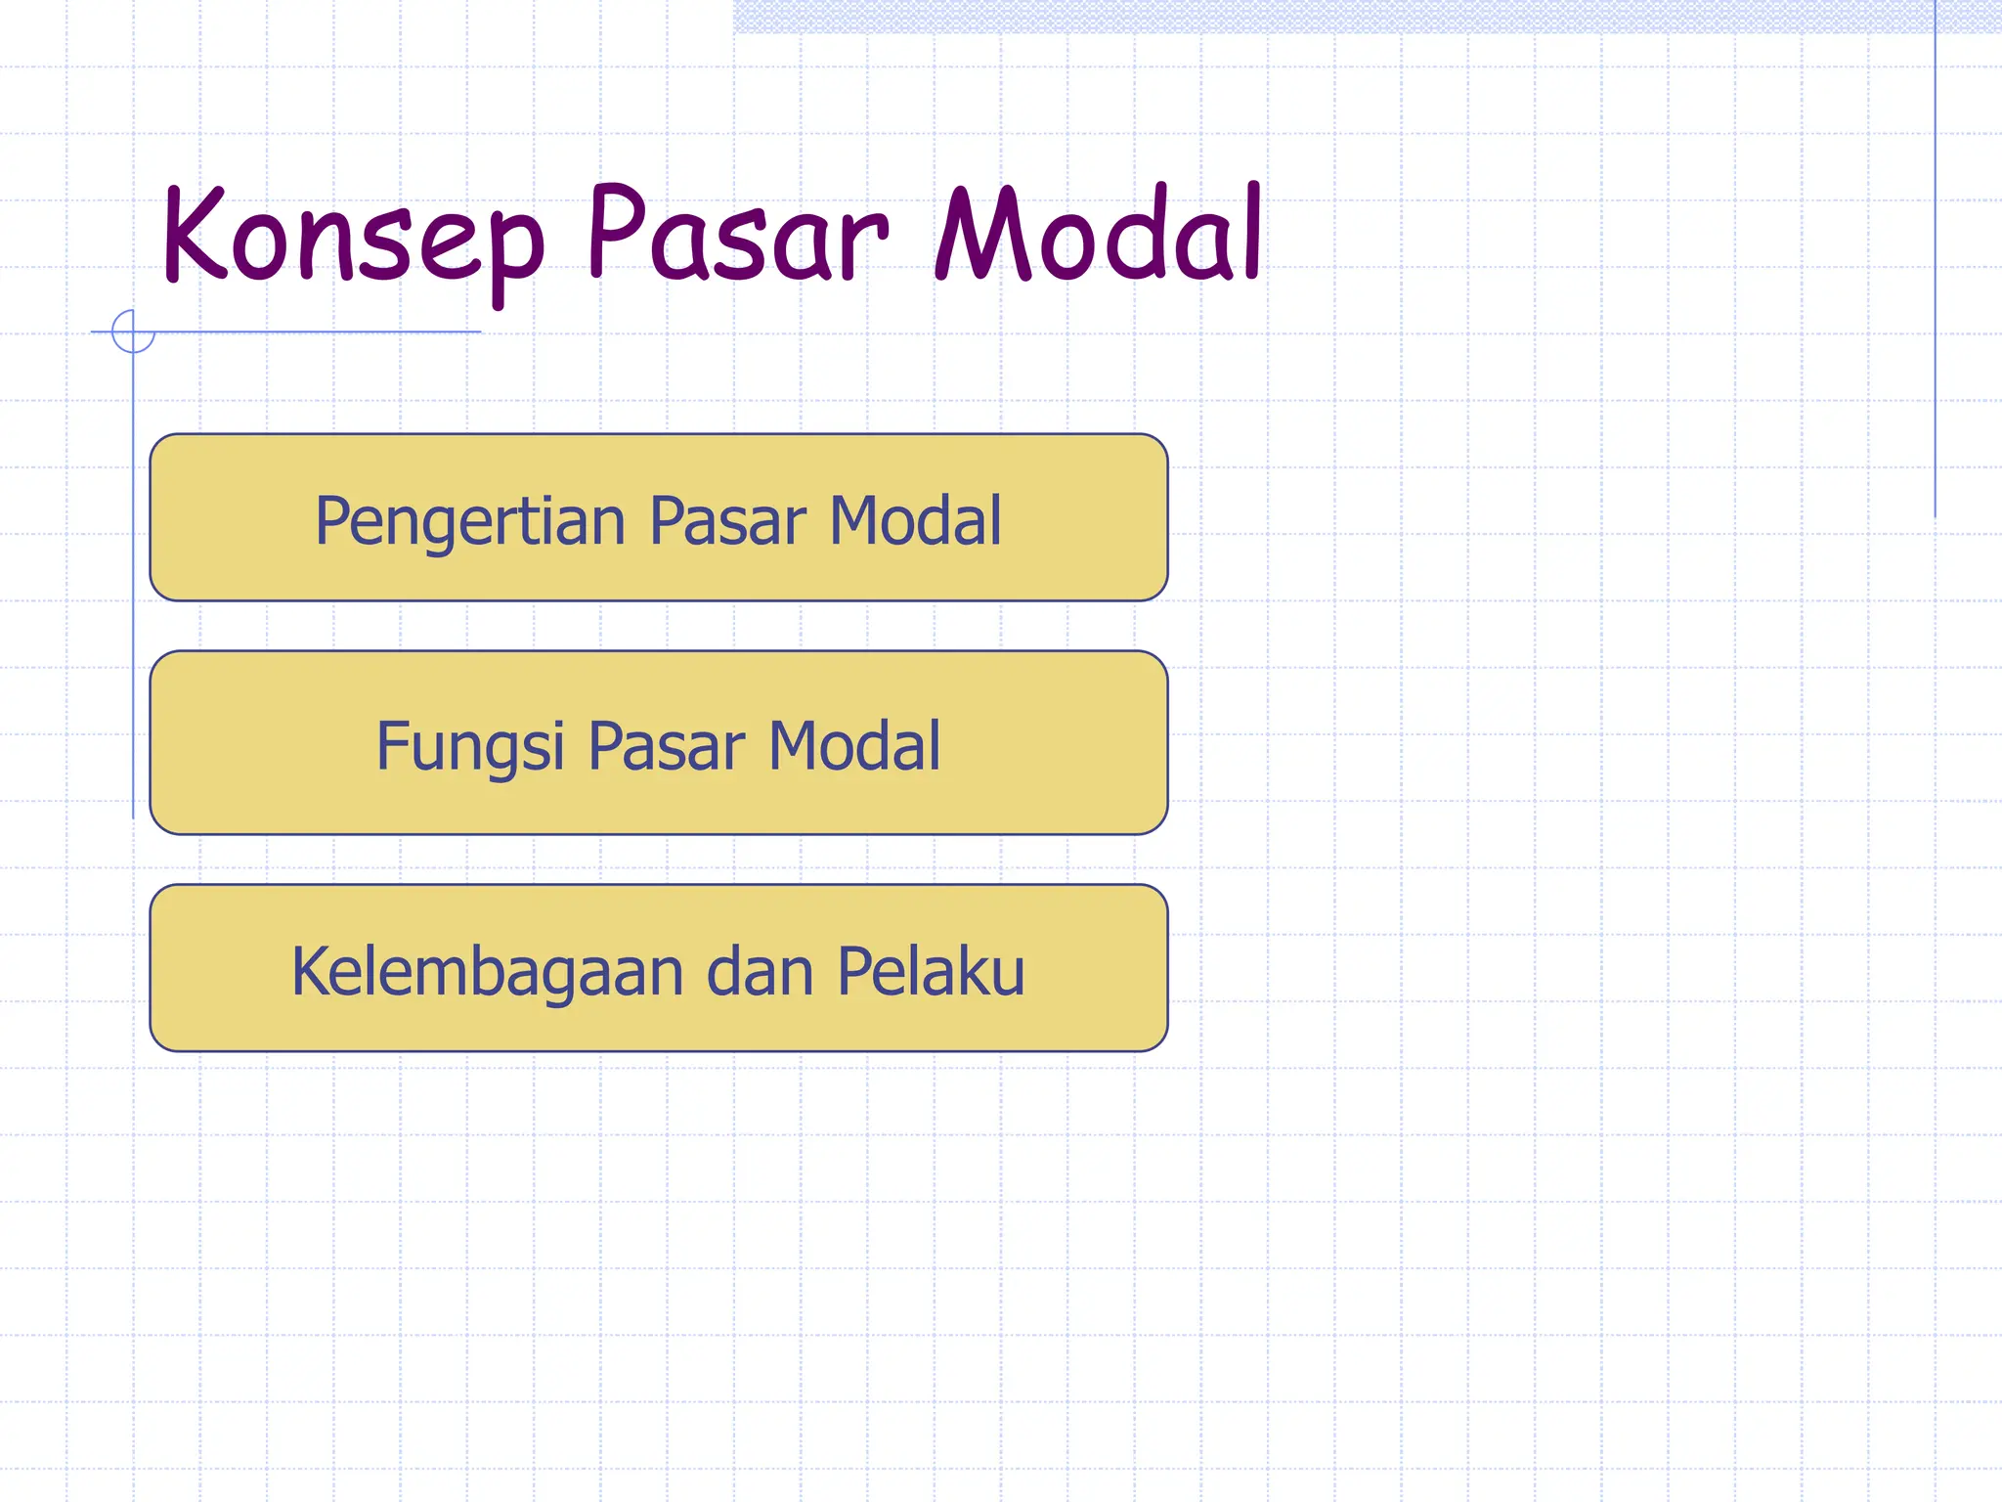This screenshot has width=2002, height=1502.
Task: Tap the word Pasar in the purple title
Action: point(738,235)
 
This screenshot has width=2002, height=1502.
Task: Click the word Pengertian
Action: point(469,521)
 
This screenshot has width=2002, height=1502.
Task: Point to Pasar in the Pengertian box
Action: point(727,520)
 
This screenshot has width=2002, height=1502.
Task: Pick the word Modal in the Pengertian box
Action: point(915,520)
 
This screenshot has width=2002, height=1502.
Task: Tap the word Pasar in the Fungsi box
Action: point(667,746)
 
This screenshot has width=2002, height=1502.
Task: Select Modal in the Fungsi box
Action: point(854,746)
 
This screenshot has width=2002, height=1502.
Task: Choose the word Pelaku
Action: point(931,972)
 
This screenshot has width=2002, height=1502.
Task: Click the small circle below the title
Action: point(133,331)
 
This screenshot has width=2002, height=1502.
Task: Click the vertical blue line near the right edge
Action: point(1935,264)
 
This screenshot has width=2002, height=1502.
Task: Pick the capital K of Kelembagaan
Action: point(312,971)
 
